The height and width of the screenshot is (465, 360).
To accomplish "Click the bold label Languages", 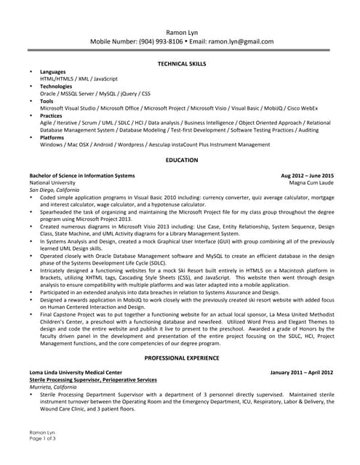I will (x=53, y=73).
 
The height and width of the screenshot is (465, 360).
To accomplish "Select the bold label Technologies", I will (x=57, y=86).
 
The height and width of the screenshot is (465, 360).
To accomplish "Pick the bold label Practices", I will (x=52, y=116).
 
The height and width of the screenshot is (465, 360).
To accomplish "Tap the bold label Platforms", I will (x=52, y=137).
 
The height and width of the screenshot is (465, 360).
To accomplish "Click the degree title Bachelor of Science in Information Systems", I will (x=82, y=176).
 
